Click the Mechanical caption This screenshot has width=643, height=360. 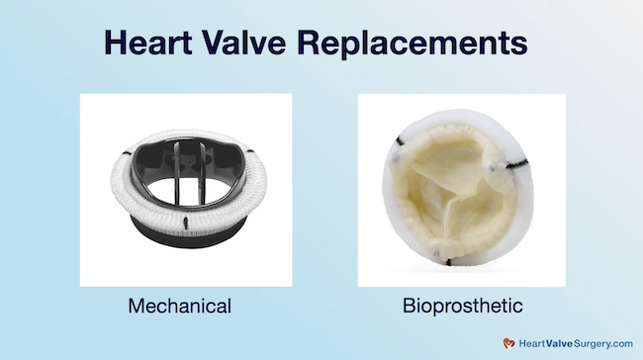180,306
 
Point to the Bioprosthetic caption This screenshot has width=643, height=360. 461,306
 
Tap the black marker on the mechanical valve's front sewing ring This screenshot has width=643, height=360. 186,220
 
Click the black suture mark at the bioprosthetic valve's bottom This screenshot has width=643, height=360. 461,259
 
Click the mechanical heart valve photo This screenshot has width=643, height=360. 186,189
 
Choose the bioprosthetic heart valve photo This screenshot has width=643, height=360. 461,189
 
